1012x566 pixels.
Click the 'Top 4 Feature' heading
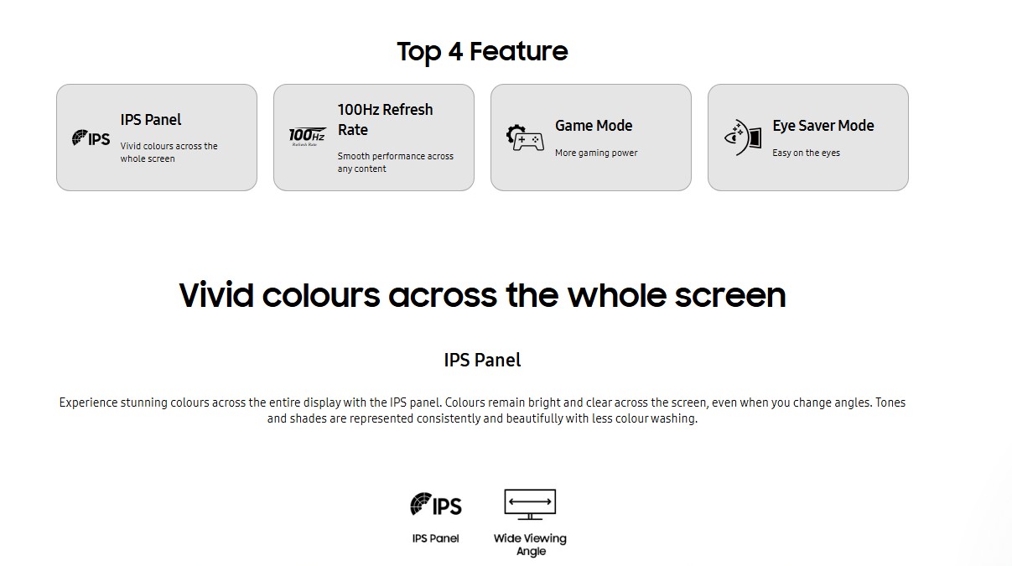tap(482, 51)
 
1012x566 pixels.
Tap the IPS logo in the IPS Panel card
tap(91, 138)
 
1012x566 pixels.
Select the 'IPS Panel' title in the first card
tap(150, 120)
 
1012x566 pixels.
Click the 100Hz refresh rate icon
tap(307, 137)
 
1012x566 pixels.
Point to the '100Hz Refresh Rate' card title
tap(385, 120)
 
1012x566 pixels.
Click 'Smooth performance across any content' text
tap(395, 162)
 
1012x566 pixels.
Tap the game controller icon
tap(525, 138)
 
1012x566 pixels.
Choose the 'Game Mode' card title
tap(594, 125)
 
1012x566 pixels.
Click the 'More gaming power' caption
tap(596, 153)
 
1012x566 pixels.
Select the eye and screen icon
tap(743, 138)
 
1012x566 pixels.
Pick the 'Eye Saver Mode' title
tap(823, 125)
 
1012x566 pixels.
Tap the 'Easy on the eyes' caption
tap(806, 153)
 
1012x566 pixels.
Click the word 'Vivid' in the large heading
tap(216, 295)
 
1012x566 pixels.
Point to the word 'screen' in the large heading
tap(730, 296)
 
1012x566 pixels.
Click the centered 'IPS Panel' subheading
tap(482, 360)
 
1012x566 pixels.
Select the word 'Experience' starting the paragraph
tap(88, 402)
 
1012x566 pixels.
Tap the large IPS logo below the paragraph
tap(436, 504)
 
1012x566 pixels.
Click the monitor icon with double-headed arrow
tap(530, 504)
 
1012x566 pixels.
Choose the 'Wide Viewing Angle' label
tap(530, 544)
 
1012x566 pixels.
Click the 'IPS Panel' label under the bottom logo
tap(435, 538)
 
